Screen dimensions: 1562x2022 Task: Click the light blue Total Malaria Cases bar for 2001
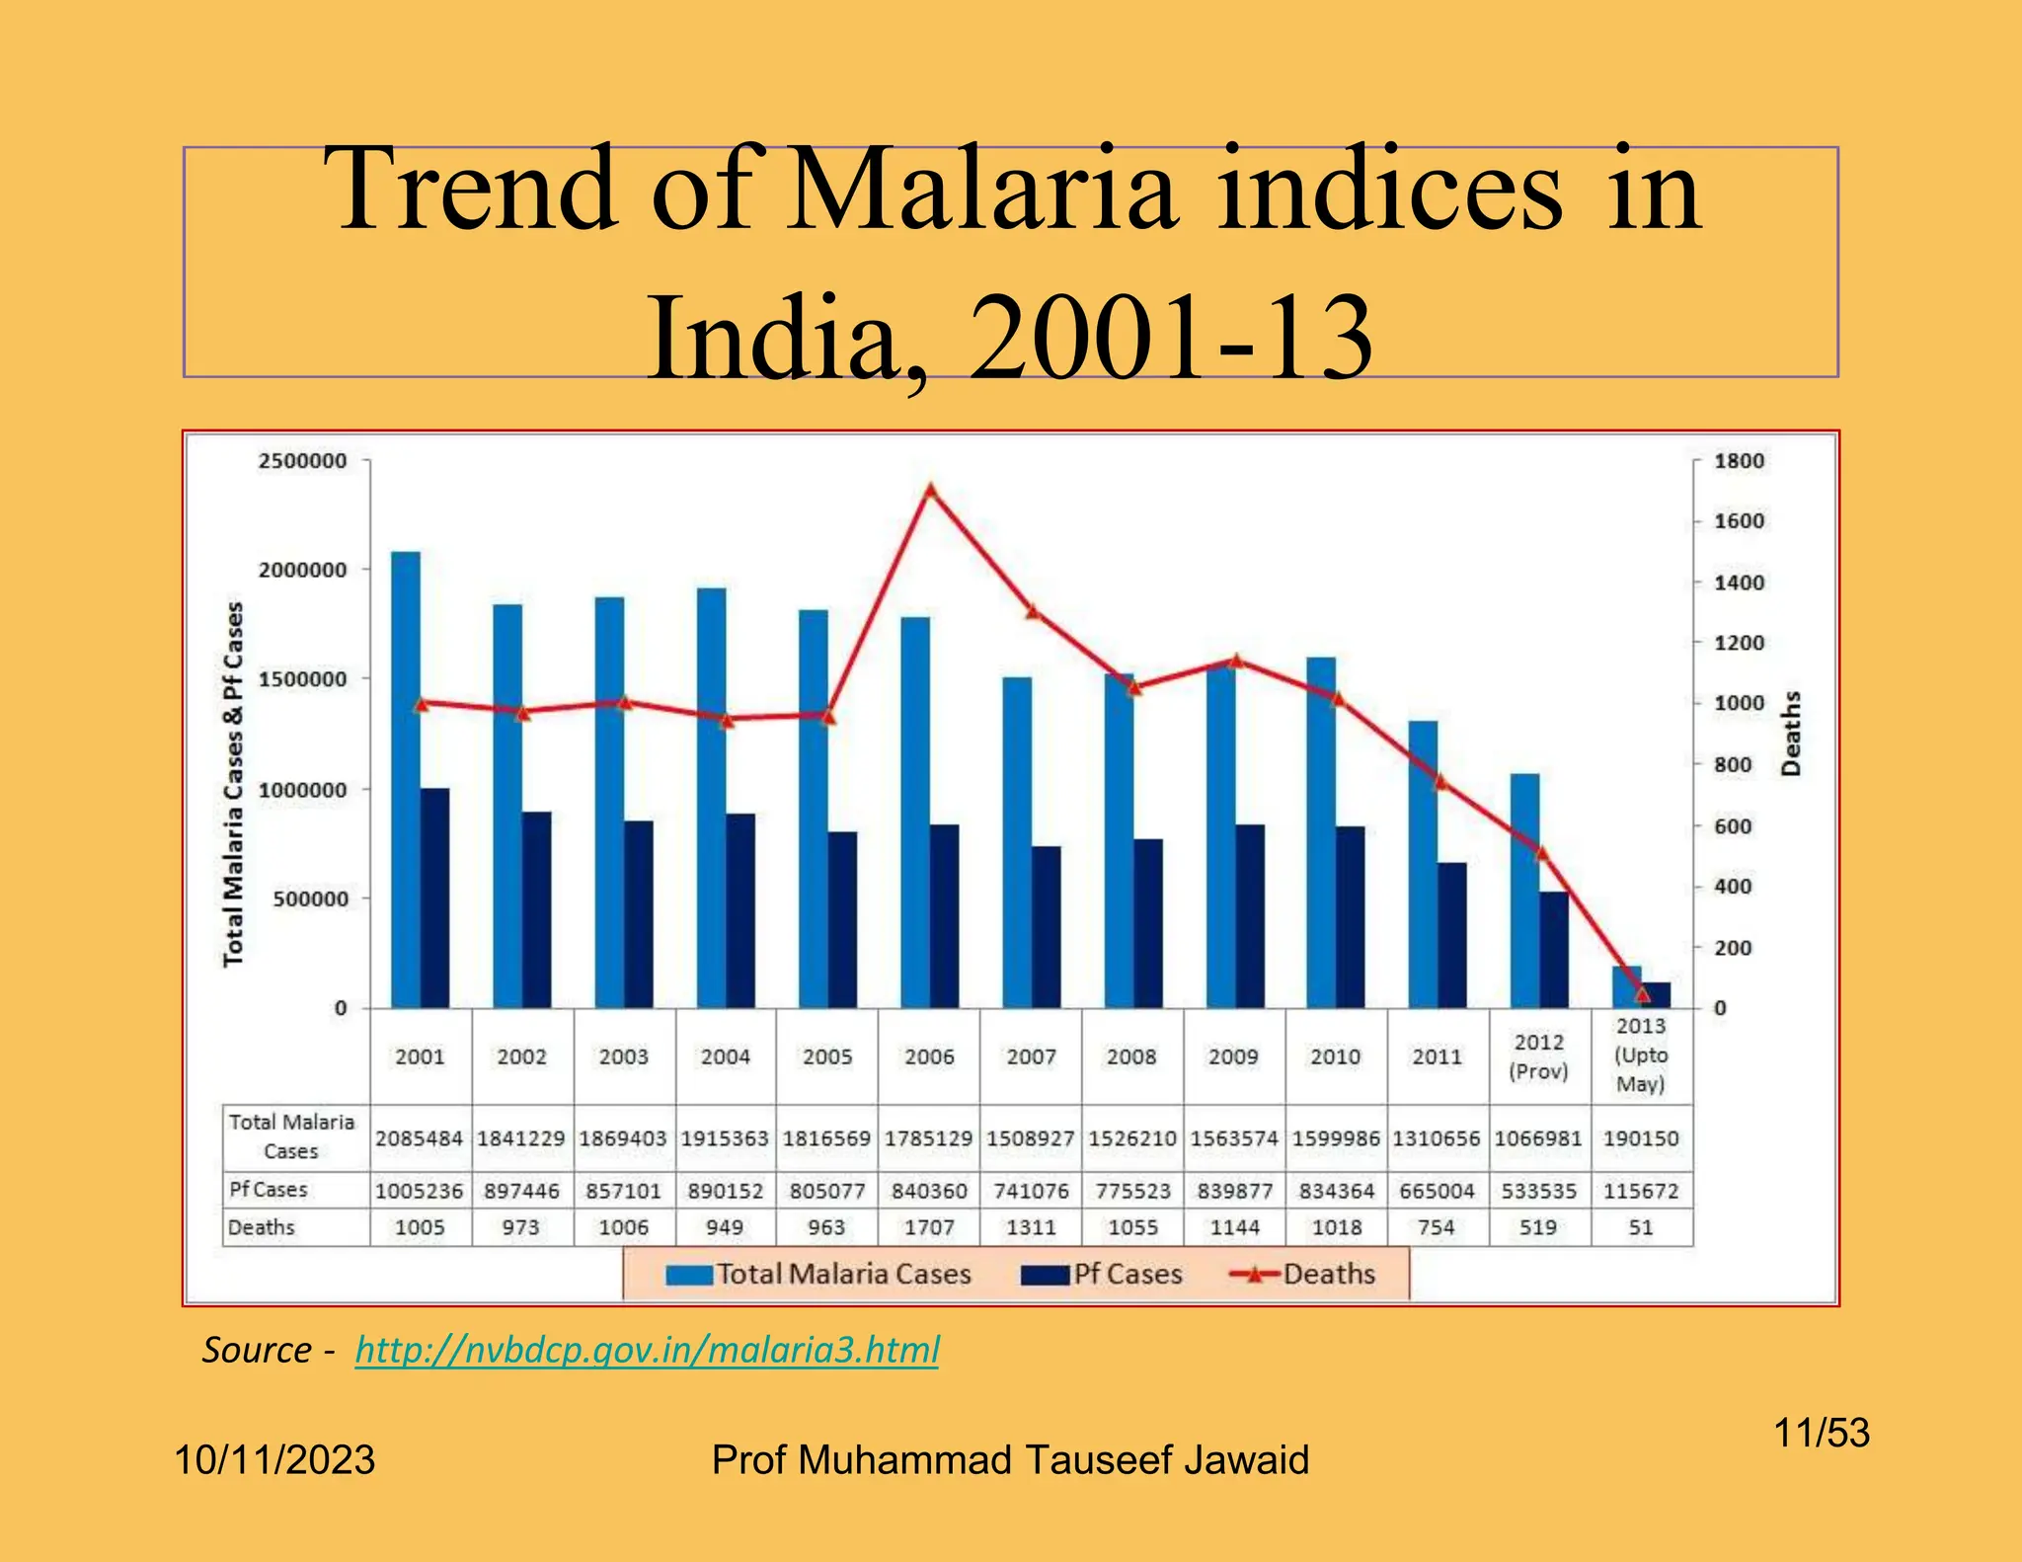(x=406, y=780)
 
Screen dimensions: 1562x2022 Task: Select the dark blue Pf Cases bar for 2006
(x=944, y=916)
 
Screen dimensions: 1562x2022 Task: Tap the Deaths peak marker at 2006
(x=930, y=490)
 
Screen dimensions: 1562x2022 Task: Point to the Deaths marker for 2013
(x=1642, y=993)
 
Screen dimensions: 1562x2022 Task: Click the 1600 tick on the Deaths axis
(x=1738, y=521)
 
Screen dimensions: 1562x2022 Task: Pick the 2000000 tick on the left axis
(x=303, y=570)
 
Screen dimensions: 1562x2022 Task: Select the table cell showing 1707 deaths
(x=929, y=1227)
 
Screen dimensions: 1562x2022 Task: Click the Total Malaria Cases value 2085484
(x=420, y=1138)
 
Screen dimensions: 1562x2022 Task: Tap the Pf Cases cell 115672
(x=1641, y=1191)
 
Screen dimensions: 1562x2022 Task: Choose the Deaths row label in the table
(x=262, y=1227)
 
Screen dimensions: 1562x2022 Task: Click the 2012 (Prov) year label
(x=1538, y=1056)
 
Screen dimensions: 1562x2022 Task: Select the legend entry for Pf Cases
(x=1102, y=1274)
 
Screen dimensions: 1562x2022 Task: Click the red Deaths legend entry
(x=1303, y=1274)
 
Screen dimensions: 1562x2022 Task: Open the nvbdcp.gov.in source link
(x=647, y=1350)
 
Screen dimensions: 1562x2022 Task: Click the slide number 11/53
(x=1822, y=1433)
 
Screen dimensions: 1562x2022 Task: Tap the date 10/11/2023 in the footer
(x=274, y=1460)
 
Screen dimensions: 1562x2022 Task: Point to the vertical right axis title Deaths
(x=1791, y=733)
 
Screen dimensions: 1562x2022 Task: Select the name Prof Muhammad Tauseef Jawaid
(x=1010, y=1460)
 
